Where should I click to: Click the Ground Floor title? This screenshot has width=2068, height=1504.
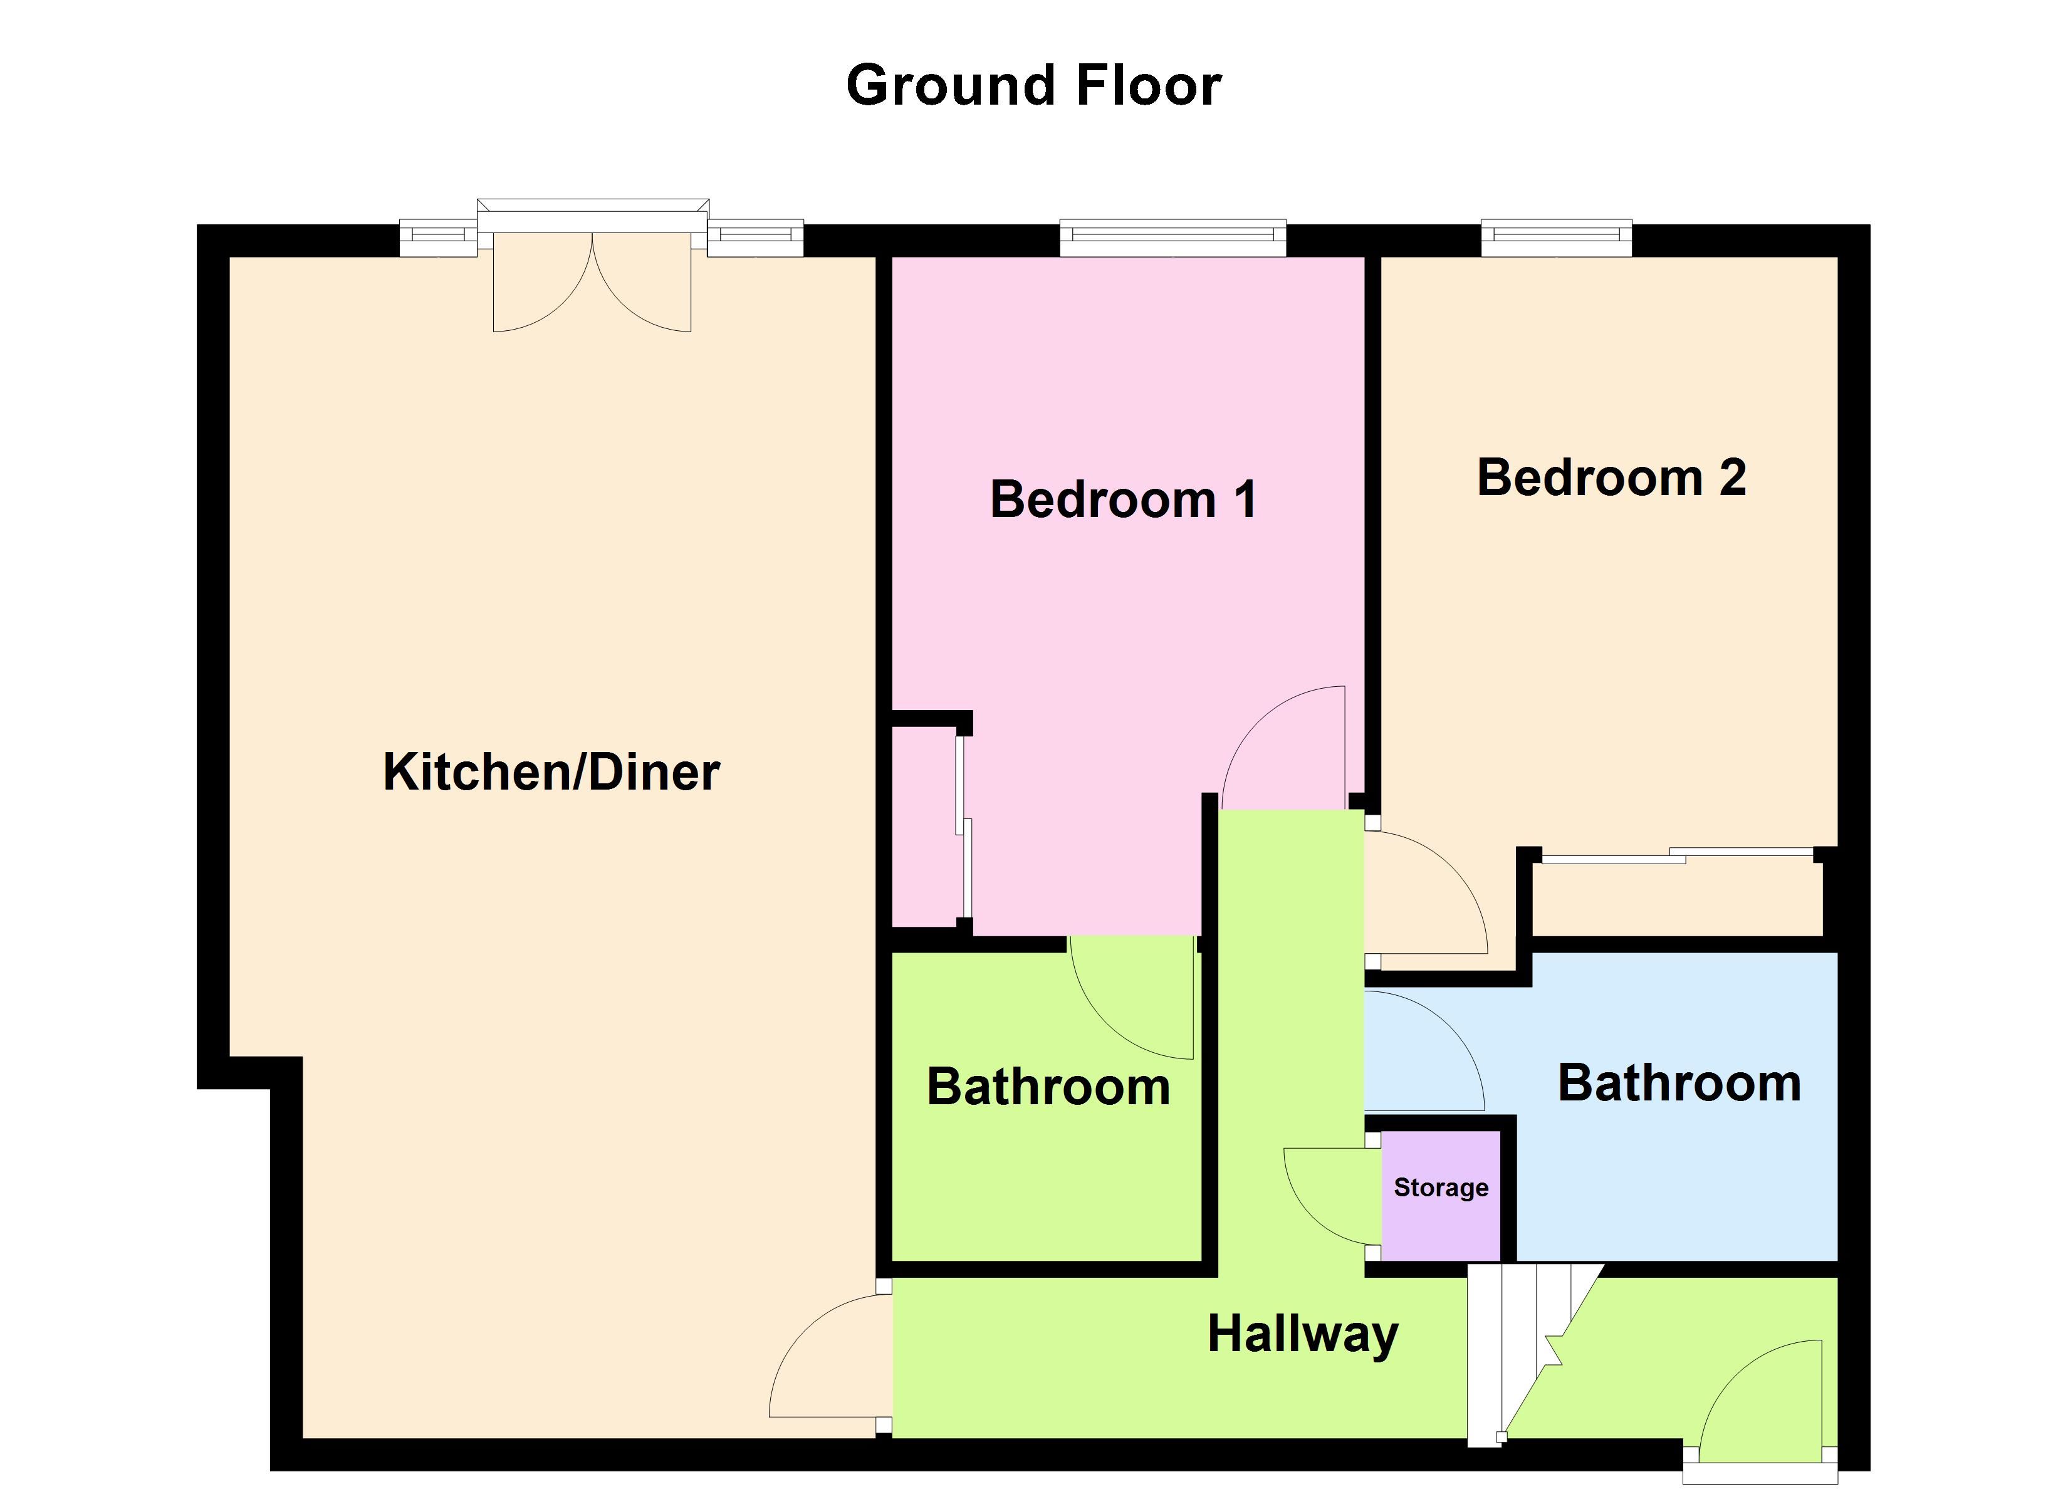[1033, 86]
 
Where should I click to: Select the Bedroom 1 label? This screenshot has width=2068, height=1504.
[1124, 500]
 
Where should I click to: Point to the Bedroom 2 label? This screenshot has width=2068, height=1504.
[1611, 478]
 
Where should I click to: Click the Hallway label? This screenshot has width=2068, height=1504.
[1303, 1334]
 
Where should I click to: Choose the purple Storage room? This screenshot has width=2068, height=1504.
[1441, 1195]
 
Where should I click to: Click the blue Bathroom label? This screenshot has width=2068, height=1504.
[1679, 1083]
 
